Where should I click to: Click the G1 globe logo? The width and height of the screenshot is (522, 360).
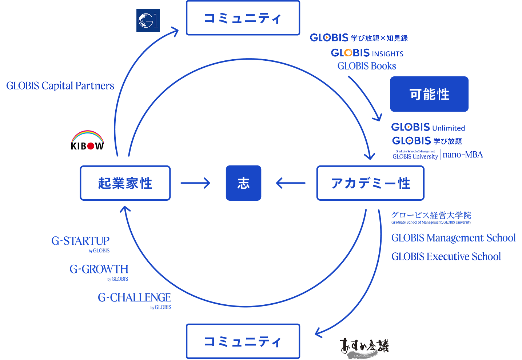tap(148, 20)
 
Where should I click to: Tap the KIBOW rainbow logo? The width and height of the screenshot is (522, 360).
tap(87, 140)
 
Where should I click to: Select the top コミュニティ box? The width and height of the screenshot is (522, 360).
tap(243, 18)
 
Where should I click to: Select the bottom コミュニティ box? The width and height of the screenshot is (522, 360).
tap(243, 341)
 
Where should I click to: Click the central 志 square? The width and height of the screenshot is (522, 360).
tap(243, 183)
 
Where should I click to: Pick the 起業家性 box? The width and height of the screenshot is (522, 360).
tap(125, 183)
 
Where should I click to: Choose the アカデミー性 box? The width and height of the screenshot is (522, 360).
tap(370, 183)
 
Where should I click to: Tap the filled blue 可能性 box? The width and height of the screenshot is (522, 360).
tap(429, 94)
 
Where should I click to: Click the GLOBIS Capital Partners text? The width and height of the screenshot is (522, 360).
tap(60, 85)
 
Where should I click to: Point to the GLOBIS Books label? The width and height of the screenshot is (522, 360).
tap(367, 66)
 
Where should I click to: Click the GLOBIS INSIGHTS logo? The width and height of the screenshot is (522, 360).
tap(367, 53)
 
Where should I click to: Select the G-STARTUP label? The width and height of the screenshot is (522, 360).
tap(80, 241)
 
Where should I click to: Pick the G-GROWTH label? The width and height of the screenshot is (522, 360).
tap(99, 270)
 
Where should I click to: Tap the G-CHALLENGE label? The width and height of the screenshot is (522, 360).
tap(134, 298)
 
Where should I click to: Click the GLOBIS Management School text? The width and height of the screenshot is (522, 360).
tap(453, 238)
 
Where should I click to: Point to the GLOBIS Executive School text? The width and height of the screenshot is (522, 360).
tap(446, 256)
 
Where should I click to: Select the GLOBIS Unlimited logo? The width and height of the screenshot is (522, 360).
tap(428, 127)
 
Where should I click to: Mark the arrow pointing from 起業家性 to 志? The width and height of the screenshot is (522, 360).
tap(195, 183)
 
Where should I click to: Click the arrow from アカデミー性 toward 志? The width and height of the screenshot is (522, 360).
tap(291, 183)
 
